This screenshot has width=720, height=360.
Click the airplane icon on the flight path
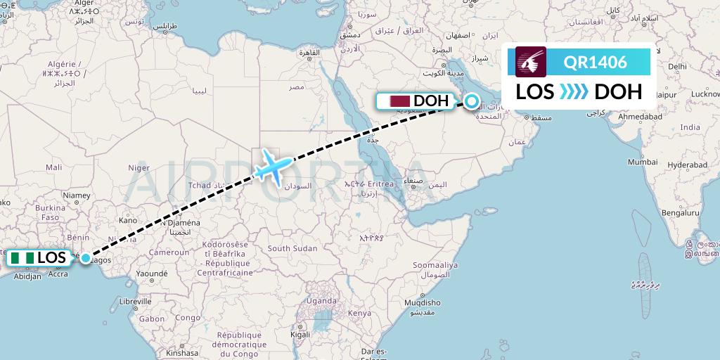(271, 165)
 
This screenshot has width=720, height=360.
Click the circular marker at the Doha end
(472, 101)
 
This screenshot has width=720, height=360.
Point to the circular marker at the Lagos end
(86, 258)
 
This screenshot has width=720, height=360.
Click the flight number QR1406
(595, 62)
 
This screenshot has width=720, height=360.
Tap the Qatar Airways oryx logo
(532, 62)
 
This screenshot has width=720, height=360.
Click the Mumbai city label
(642, 162)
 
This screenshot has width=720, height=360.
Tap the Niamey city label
(77, 195)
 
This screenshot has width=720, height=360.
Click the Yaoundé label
(152, 273)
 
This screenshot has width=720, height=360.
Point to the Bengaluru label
(679, 212)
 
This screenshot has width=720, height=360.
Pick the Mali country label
(53, 167)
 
